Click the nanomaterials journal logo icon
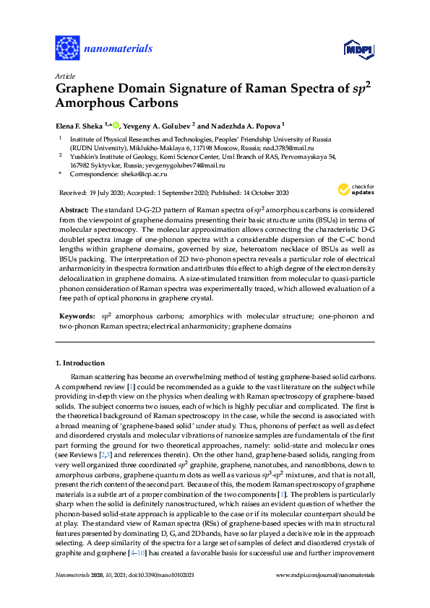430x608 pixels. click(67, 48)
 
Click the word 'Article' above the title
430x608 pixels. click(63, 76)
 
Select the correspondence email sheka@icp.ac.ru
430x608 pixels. click(141, 174)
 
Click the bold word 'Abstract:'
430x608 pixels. click(73, 209)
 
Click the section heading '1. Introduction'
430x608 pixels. click(79, 362)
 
